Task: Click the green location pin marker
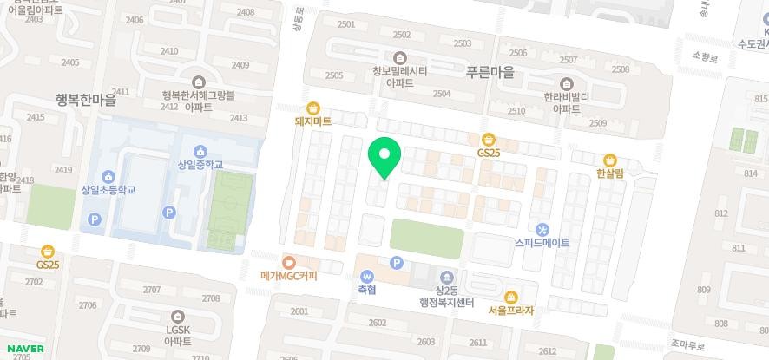coord(384,157)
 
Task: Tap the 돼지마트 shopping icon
coord(313,108)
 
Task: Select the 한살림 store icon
coord(610,160)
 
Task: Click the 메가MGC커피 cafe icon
coord(289,262)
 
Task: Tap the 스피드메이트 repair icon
coord(542,230)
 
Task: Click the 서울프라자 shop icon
coord(510,297)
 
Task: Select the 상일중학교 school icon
coord(200,151)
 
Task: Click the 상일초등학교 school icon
coord(108,176)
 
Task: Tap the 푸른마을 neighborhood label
coord(490,73)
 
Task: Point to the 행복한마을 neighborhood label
coord(84,101)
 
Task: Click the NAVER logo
coord(26,349)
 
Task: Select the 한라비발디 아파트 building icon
coord(567,83)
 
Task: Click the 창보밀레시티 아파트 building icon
coord(399,58)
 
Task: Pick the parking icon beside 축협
coord(397,263)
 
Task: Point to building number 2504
coord(441,94)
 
